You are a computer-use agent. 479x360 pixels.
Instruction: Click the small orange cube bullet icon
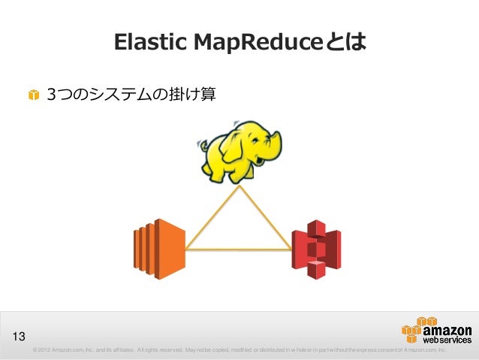(34, 95)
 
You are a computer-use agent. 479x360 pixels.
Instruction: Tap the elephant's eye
(252, 144)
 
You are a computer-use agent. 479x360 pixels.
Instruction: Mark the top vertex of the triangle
(239, 187)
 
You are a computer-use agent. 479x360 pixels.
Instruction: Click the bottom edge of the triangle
(239, 249)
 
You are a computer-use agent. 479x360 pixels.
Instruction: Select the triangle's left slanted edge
(212, 218)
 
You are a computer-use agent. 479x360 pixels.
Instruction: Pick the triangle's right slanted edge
(266, 218)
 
